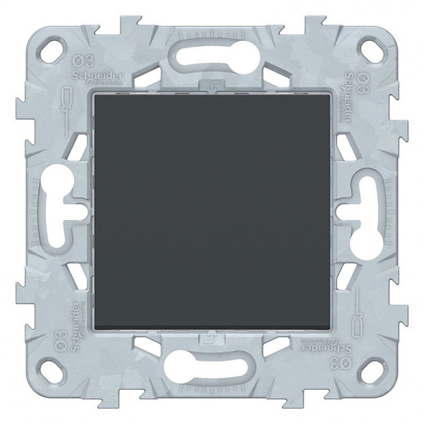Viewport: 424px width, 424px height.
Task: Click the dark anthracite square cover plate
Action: pos(213,213)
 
